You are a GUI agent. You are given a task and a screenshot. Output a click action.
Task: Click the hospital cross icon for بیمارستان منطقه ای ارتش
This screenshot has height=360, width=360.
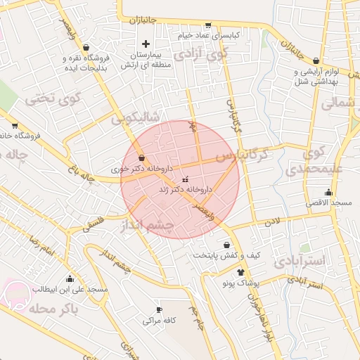pyautogui.click(x=146, y=44)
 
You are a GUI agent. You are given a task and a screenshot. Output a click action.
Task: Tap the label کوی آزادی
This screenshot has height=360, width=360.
pyautogui.click(x=201, y=53)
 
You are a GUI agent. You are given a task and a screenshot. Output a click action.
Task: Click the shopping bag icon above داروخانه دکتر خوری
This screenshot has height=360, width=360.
pyautogui.click(x=142, y=158)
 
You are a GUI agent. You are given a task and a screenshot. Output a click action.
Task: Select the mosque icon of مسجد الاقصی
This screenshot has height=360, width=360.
pyautogui.click(x=328, y=193)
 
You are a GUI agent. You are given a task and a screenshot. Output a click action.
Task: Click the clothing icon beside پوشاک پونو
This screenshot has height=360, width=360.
pyautogui.click(x=240, y=272)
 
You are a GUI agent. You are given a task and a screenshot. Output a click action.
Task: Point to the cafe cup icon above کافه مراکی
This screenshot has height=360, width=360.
pyautogui.click(x=159, y=309)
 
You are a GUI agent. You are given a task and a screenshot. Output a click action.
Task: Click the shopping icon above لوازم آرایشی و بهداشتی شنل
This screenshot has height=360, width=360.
pyautogui.click(x=316, y=61)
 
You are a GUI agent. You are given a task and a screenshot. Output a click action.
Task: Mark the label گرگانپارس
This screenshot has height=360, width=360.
pyautogui.click(x=243, y=155)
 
